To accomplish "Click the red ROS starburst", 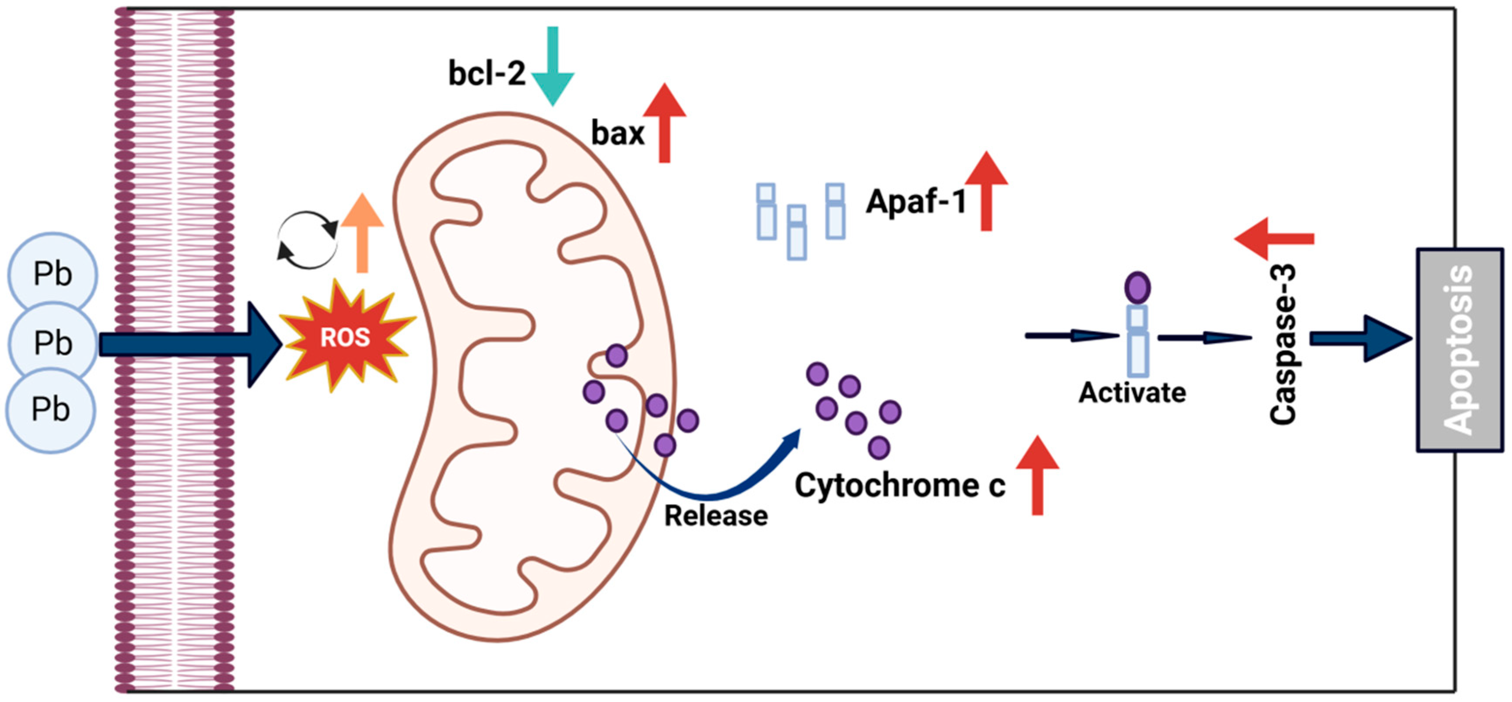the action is click(x=347, y=337).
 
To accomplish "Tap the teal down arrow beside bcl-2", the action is click(x=552, y=66).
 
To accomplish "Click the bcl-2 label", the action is click(x=486, y=74).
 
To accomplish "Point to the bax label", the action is click(x=617, y=133).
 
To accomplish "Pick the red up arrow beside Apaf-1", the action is click(x=987, y=191).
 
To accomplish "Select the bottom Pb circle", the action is click(x=50, y=409).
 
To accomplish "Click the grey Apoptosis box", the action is click(x=1460, y=350).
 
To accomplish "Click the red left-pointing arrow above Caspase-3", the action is click(x=1274, y=239).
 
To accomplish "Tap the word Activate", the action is click(x=1132, y=393).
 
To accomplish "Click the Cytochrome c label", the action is click(x=900, y=486).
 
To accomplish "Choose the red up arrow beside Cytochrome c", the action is click(x=1038, y=475).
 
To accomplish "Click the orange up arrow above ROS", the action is click(x=362, y=233).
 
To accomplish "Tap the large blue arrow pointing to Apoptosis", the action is click(x=1361, y=338).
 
